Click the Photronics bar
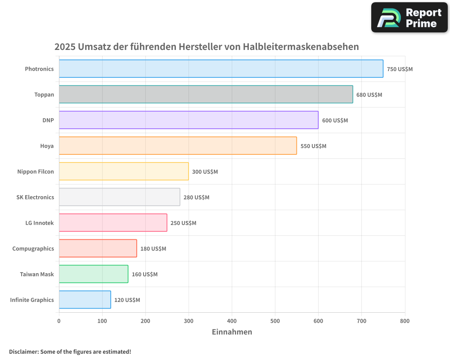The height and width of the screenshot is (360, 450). (221, 69)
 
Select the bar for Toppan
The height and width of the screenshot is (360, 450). (206, 94)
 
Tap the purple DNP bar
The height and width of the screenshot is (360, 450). (189, 120)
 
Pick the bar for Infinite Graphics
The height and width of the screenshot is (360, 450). (85, 300)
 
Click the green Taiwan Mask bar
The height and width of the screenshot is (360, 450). (93, 274)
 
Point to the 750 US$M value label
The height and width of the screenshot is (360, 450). (400, 69)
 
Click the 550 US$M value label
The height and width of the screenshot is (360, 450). (313, 146)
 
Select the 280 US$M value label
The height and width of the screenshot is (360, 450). (196, 198)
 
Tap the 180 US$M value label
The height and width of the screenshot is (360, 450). (153, 249)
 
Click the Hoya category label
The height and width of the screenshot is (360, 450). (47, 146)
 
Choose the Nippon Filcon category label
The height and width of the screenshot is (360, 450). (36, 171)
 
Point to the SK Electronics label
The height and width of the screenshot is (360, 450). (35, 197)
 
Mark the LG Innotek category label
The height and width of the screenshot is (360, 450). (40, 223)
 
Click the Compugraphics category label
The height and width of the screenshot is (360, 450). (33, 248)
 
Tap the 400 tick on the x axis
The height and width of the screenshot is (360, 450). (232, 321)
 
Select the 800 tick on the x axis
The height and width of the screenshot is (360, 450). (405, 321)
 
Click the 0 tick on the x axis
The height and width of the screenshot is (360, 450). (59, 321)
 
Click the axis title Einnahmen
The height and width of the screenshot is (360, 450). (232, 332)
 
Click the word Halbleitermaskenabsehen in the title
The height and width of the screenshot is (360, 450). (301, 47)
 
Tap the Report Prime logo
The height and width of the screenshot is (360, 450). (409, 18)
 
